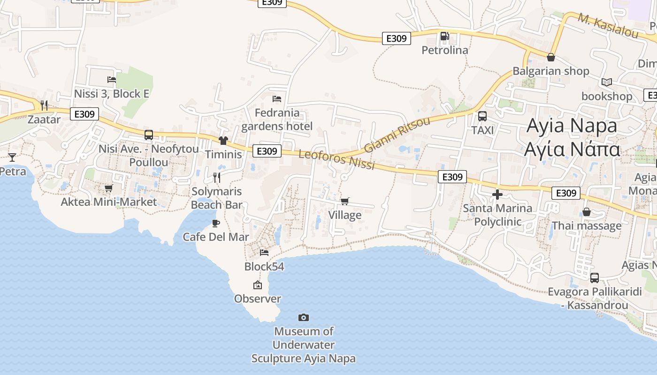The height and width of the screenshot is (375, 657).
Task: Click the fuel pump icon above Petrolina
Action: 444,36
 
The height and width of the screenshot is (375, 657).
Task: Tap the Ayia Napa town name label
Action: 572,137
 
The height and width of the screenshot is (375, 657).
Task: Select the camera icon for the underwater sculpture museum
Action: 304,318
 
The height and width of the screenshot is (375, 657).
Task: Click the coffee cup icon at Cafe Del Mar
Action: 216,223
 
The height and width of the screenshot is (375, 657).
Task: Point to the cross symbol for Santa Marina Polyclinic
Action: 497,194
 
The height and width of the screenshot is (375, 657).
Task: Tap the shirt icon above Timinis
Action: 223,141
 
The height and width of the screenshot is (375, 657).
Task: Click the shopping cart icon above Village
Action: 345,202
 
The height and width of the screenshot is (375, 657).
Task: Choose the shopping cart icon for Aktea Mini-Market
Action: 109,188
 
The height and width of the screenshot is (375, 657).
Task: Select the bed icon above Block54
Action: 264,253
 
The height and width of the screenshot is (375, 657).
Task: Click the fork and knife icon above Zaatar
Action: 44,105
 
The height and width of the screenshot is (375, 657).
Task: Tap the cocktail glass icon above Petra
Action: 12,157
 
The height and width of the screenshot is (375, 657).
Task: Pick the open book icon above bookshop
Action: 607,82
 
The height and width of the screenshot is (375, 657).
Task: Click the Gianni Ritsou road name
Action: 397,135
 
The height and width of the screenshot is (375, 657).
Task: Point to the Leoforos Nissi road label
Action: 336,159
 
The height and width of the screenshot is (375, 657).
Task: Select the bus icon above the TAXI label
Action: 482,116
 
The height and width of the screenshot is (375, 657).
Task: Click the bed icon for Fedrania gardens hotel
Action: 277,99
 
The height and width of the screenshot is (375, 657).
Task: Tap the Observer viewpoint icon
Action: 258,285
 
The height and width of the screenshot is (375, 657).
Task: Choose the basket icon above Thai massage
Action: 586,212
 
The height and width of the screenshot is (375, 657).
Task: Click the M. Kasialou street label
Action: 608,26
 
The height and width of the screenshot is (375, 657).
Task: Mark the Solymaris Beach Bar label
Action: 217,198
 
